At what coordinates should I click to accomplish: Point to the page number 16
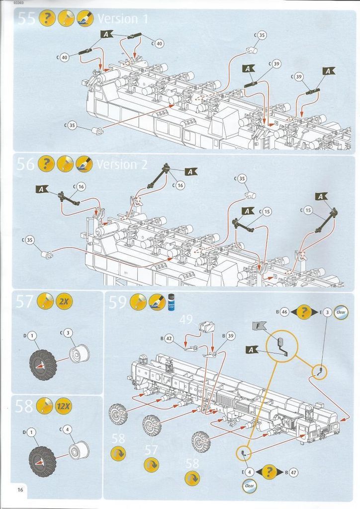20,490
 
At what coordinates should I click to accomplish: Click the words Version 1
122,19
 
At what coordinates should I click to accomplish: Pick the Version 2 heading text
123,164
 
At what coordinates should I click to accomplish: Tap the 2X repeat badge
64,301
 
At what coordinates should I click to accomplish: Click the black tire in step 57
43,364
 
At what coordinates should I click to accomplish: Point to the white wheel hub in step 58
79,451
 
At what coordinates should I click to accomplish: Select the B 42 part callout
169,339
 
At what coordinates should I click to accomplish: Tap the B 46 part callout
284,312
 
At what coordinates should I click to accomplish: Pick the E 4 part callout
249,472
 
